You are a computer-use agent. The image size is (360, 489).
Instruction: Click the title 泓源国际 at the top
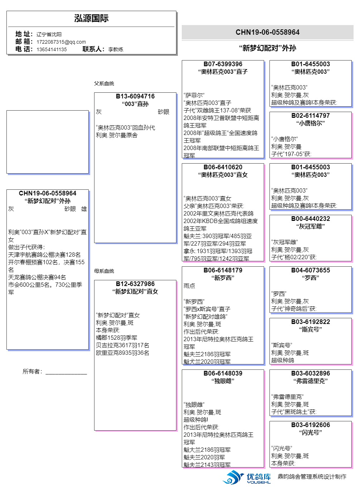(91, 18)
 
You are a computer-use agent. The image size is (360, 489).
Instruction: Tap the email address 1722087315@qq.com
(61, 42)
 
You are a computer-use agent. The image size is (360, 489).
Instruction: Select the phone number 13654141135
(52, 49)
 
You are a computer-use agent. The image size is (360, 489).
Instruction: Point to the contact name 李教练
(116, 49)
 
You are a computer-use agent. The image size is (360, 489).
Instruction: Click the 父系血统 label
(104, 83)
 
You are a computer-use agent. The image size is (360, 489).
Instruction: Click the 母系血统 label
(104, 271)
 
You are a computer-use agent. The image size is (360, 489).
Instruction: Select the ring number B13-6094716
(135, 96)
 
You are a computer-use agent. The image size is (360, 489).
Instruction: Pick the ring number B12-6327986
(135, 284)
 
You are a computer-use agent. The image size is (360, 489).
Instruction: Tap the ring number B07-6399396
(223, 64)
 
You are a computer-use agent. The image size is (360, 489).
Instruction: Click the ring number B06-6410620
(223, 167)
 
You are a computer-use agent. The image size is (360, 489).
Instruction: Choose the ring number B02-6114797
(311, 116)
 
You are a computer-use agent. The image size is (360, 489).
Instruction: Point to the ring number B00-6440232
(311, 218)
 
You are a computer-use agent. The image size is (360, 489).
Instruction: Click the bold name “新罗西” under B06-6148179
(223, 278)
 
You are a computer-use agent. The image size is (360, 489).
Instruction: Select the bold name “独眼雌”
(223, 381)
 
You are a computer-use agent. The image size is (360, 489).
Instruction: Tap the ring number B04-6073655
(311, 270)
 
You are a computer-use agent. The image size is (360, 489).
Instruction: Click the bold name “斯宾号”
(311, 329)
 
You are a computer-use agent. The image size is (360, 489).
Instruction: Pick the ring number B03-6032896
(311, 373)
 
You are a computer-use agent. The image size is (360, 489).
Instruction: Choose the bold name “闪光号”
(311, 432)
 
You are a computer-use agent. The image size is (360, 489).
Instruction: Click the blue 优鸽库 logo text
(259, 476)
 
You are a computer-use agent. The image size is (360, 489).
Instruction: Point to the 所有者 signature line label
(32, 371)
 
